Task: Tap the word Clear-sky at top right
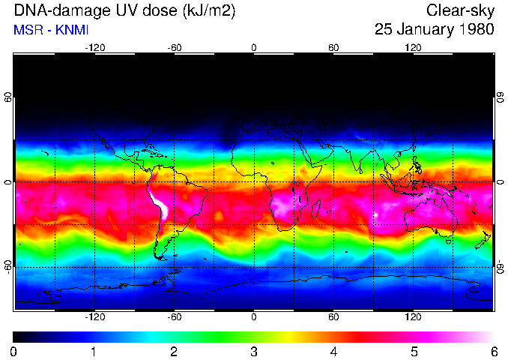[460, 10]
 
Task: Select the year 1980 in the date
[477, 30]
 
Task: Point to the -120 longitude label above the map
[94, 48]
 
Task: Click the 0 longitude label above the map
[254, 48]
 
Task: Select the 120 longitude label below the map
[413, 317]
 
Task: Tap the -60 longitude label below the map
[174, 317]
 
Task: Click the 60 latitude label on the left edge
[9, 98]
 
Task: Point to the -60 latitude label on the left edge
[9, 267]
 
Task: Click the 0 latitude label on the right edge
[499, 182]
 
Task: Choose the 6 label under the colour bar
[493, 351]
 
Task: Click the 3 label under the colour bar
[254, 351]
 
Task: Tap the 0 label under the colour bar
[14, 351]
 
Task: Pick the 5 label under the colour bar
[414, 351]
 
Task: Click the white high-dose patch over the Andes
[160, 204]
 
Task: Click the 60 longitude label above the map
[333, 48]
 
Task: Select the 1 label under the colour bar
[94, 351]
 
